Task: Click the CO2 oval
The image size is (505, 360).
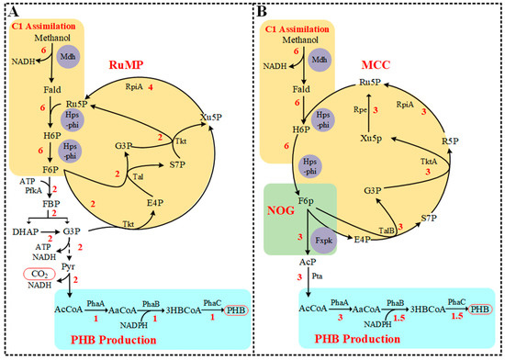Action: coord(40,273)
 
